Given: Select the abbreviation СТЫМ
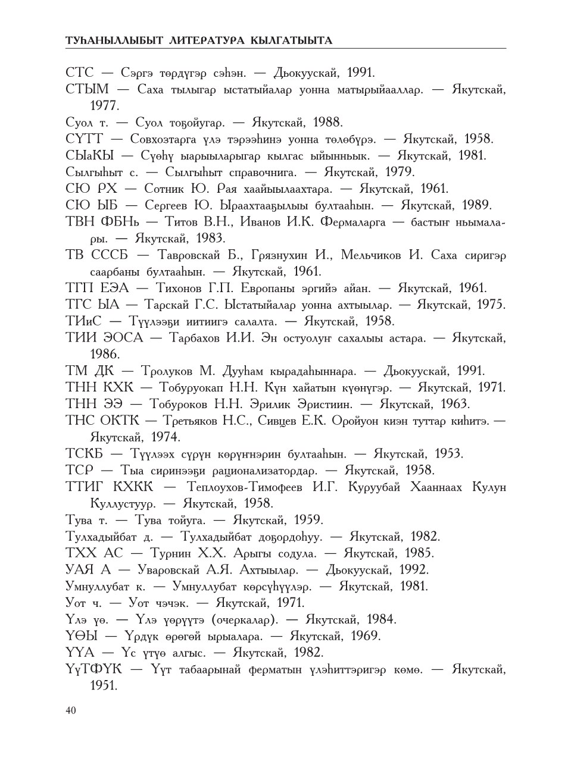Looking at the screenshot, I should click(x=87, y=90).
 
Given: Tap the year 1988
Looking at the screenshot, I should click(x=326, y=123).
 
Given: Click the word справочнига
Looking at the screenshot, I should click(x=252, y=173).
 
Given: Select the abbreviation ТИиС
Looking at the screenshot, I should click(x=85, y=321).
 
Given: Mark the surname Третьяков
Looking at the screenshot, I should click(x=194, y=421).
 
